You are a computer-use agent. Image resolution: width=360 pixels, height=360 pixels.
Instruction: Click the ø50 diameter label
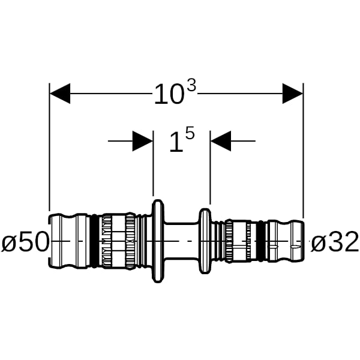(25, 241)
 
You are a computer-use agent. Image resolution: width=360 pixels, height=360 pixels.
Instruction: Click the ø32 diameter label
(335, 241)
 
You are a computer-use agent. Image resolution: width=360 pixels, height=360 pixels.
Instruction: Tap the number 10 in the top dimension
(169, 94)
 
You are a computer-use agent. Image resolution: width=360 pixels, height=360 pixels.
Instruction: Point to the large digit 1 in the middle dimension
(176, 143)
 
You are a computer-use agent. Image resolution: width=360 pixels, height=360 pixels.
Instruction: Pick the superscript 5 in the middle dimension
(190, 133)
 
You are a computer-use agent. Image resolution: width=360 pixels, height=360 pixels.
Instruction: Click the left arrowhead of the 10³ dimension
(60, 94)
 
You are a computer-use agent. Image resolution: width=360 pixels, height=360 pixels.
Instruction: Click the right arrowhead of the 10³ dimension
(293, 94)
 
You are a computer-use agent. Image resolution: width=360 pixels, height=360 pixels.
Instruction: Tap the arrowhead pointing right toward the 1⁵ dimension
(143, 141)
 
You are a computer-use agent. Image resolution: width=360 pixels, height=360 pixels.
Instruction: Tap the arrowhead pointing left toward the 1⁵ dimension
(221, 141)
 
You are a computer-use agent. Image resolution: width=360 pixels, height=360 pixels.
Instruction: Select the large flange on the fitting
(158, 241)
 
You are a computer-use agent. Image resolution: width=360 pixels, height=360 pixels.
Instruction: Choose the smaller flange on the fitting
(205, 241)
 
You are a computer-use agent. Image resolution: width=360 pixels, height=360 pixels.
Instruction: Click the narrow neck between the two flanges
(181, 241)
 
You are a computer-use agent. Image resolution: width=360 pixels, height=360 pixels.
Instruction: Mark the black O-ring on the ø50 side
(94, 241)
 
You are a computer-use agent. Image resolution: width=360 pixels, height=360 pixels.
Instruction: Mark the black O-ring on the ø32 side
(261, 241)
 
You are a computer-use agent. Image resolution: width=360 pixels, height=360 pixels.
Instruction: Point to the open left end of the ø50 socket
(50, 241)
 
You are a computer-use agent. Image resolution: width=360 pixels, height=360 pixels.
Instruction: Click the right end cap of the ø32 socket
(298, 241)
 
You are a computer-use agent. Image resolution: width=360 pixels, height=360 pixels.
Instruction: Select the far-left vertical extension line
(49, 147)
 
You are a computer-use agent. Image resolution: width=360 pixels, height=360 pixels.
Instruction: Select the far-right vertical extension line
(303, 151)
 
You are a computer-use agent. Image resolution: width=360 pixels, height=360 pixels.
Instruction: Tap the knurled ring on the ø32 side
(229, 241)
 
